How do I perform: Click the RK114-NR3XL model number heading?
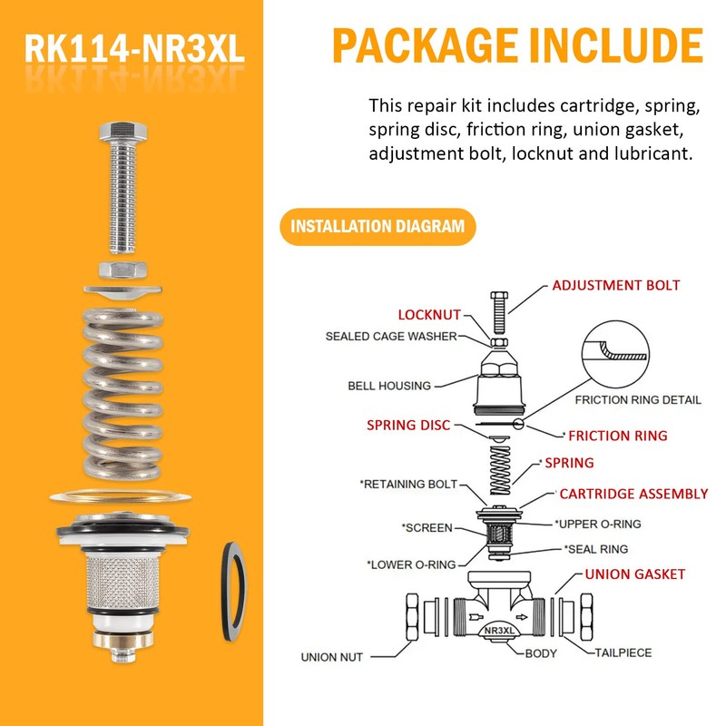click(x=134, y=49)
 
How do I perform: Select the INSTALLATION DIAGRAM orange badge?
click(x=377, y=226)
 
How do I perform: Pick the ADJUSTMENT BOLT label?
click(x=615, y=286)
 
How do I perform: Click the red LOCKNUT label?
click(x=429, y=314)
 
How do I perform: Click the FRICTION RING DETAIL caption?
click(x=638, y=400)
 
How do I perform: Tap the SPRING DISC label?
click(x=407, y=425)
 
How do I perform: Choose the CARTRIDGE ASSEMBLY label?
click(x=633, y=495)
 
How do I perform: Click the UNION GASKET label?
click(x=634, y=574)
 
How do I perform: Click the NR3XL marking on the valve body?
click(x=505, y=632)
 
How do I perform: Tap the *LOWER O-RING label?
click(x=410, y=564)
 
